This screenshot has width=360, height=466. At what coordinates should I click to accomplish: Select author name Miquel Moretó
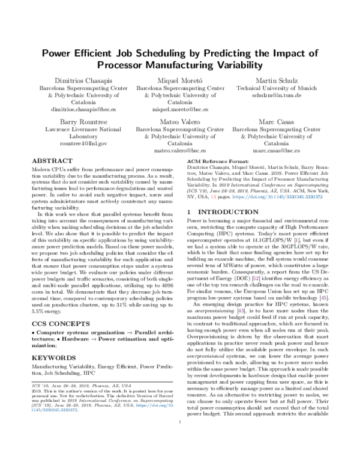[180, 80]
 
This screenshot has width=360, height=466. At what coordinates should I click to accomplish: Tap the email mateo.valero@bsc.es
[180, 151]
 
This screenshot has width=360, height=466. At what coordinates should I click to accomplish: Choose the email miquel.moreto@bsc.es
[180, 110]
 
